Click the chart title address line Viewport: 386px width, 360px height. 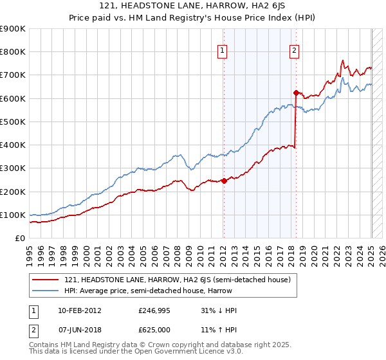pyautogui.click(x=193, y=6)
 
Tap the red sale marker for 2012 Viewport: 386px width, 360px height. pyautogui.click(x=224, y=181)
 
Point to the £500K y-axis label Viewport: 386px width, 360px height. pyautogui.click(x=13, y=122)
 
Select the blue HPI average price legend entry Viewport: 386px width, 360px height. pyautogui.click(x=161, y=291)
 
